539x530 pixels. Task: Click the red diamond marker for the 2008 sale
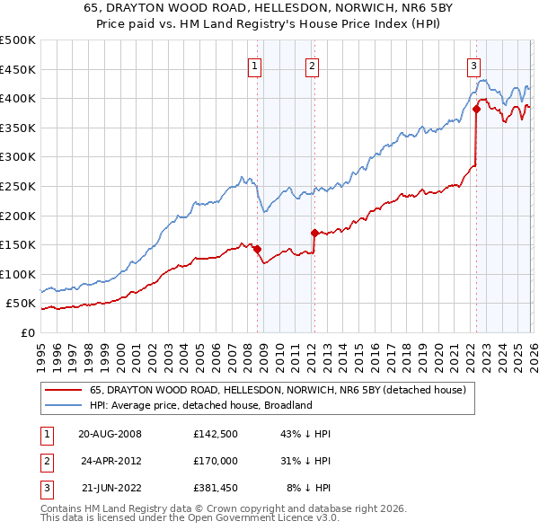point(257,249)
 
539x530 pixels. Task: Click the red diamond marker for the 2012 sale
point(315,233)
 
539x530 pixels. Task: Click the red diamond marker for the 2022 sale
point(476,110)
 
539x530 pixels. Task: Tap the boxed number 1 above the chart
point(254,65)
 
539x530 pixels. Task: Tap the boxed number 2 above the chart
point(312,65)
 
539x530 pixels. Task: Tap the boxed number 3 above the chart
point(473,65)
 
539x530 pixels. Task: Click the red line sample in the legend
point(63,391)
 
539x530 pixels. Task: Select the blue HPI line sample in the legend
point(63,405)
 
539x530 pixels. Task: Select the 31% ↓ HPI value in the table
point(305,461)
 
